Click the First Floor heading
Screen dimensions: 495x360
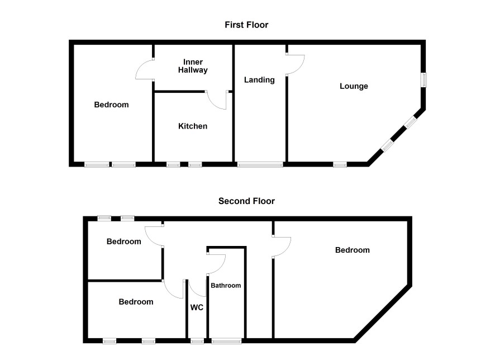click(246, 25)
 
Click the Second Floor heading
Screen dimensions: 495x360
click(246, 201)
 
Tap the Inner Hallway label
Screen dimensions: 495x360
click(193, 66)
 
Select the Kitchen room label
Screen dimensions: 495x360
click(193, 126)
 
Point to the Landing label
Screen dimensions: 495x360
click(259, 79)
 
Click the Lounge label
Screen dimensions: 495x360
click(354, 86)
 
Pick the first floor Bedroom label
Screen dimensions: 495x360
click(111, 105)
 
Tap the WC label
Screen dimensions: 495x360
click(197, 307)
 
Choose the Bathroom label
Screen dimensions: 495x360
click(226, 286)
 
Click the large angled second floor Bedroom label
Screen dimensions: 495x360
click(353, 250)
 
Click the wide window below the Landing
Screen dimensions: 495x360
click(260, 164)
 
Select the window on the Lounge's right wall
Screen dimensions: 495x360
click(424, 79)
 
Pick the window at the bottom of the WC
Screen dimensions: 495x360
click(197, 341)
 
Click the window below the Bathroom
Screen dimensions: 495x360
click(226, 341)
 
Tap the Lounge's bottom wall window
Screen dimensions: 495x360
click(340, 164)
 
